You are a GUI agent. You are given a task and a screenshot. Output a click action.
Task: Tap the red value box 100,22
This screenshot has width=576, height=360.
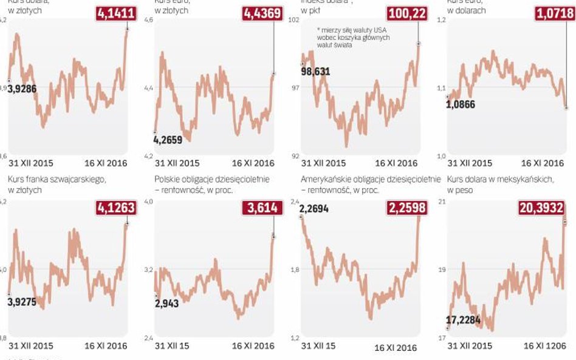406,13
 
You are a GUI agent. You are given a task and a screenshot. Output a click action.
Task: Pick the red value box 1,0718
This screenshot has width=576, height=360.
553,13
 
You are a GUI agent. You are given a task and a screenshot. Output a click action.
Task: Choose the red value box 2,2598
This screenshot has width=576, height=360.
406,208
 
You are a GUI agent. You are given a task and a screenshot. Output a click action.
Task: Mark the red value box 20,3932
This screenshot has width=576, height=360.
543,208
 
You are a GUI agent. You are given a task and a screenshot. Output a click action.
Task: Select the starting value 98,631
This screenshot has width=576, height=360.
315,71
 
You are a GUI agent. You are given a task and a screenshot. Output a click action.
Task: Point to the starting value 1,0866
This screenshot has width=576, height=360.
461,104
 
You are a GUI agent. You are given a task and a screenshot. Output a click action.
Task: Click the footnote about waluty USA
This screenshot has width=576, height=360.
353,38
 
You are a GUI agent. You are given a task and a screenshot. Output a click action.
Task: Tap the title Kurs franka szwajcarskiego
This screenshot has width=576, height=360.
57,180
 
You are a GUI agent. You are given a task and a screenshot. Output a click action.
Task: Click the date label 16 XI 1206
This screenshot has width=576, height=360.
544,345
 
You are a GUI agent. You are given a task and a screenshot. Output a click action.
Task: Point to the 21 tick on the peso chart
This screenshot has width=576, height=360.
441,202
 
